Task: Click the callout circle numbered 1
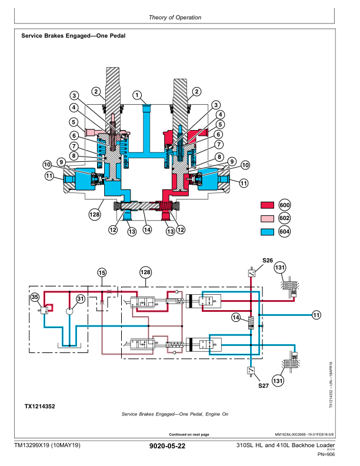(x=137, y=95)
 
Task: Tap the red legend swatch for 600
(x=268, y=205)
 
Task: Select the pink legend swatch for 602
(x=268, y=218)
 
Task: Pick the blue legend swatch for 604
(x=268, y=231)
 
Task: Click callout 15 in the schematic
(x=101, y=272)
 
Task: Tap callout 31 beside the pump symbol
(x=80, y=299)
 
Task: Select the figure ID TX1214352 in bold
(x=40, y=406)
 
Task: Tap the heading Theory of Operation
(x=175, y=17)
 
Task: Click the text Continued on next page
(x=189, y=434)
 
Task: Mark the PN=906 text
(x=326, y=454)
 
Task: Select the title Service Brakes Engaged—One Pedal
(x=73, y=36)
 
